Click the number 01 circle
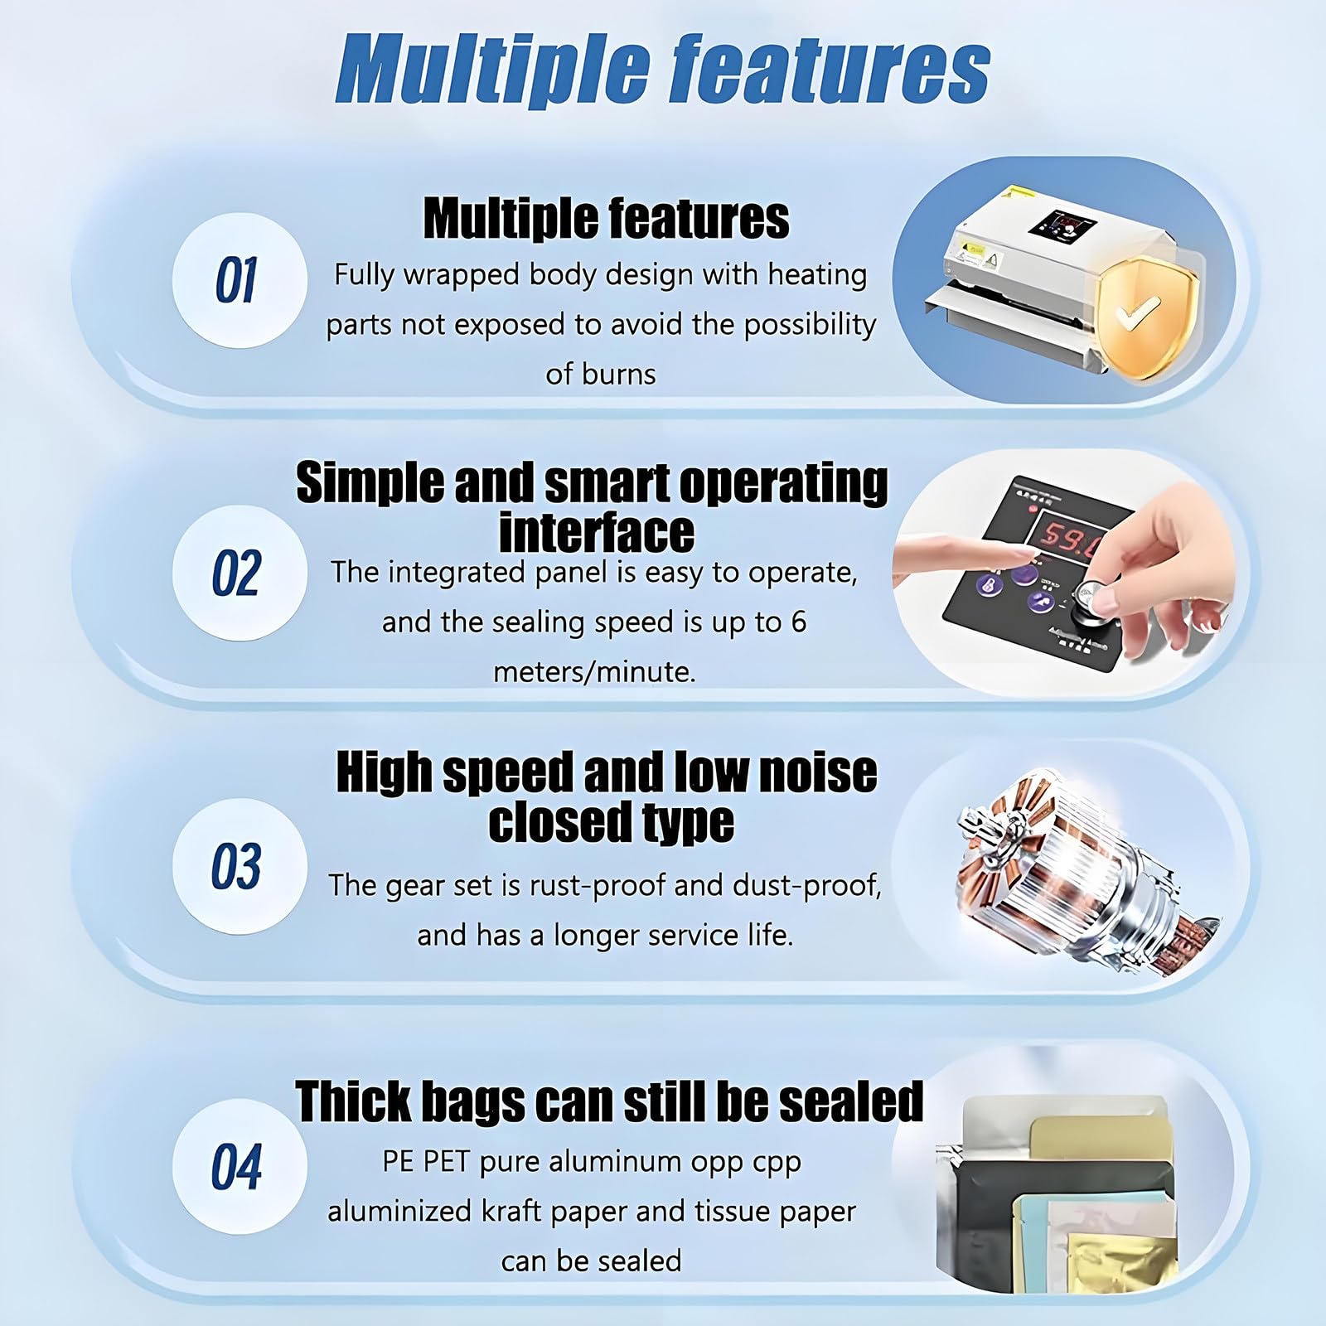point(240,280)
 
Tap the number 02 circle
point(240,573)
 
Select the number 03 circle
point(240,866)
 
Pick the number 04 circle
point(240,1166)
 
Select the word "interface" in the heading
point(597,531)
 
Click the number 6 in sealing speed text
point(798,622)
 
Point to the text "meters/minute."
point(594,671)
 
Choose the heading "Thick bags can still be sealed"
point(610,1101)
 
